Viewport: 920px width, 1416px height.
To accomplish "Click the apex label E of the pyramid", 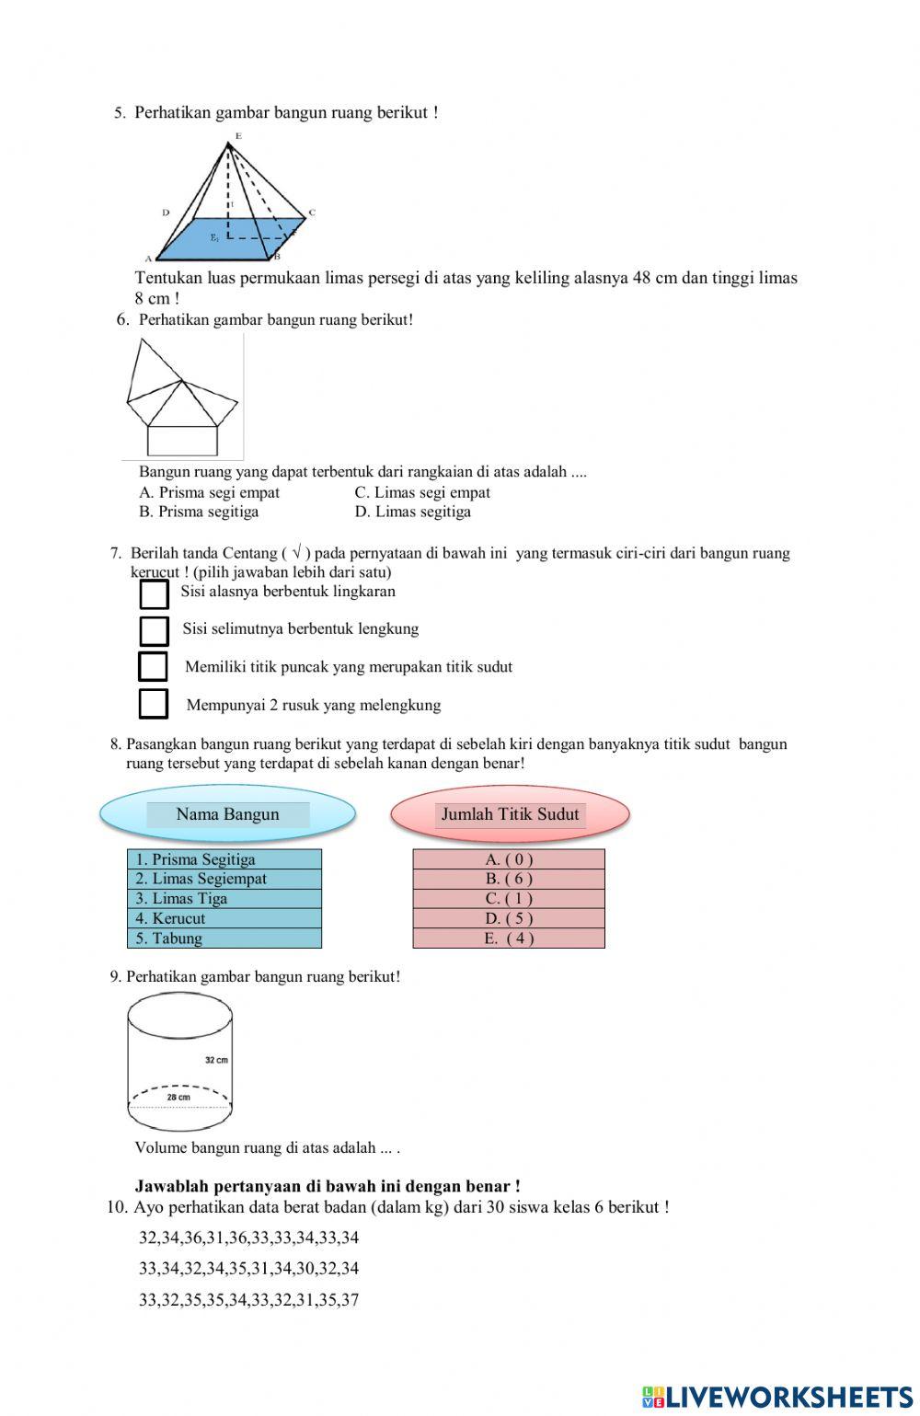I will (237, 136).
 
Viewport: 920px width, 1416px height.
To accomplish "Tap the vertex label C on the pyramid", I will (312, 213).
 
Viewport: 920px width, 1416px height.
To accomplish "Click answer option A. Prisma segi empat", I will (209, 492).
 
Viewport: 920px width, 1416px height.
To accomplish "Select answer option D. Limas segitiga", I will (412, 512).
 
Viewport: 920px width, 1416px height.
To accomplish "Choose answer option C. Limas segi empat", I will (422, 492).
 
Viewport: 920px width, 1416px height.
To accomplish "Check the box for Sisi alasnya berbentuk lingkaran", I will (154, 593).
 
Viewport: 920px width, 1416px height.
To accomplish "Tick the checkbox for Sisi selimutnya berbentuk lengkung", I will (154, 630).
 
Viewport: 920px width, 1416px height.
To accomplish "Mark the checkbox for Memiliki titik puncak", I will (153, 666).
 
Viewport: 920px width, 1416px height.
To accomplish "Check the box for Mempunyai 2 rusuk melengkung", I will (154, 703).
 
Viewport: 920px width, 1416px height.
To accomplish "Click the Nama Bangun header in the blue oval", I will (227, 814).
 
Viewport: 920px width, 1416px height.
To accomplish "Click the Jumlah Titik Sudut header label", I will (510, 814).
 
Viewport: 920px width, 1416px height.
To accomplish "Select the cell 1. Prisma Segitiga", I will (224, 859).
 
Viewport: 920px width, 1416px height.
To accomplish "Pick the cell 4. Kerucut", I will (224, 918).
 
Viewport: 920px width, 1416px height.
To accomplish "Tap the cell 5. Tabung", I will (224, 938).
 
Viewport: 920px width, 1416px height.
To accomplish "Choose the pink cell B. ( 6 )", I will (509, 879).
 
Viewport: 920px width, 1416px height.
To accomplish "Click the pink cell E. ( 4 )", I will (509, 938).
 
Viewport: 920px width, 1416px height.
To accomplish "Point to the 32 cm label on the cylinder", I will (216, 1060).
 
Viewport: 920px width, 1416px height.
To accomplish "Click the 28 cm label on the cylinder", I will (178, 1097).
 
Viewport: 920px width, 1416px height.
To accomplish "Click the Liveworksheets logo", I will (776, 1396).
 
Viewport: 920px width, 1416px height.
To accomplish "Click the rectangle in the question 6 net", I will (182, 441).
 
